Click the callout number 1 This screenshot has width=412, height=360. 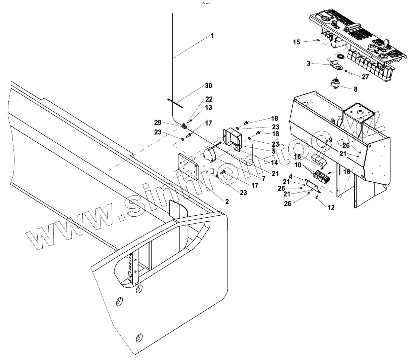[x=212, y=36]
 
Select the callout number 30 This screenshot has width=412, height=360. [x=208, y=86]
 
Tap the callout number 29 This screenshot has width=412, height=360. [x=167, y=122]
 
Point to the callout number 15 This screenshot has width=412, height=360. [x=296, y=42]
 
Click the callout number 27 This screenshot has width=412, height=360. [x=365, y=77]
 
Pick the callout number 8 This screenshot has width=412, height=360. [x=355, y=89]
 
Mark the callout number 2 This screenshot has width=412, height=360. [x=227, y=202]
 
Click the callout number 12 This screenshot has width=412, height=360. [x=331, y=208]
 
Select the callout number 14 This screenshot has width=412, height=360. [x=275, y=163]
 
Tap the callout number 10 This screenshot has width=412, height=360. [x=298, y=165]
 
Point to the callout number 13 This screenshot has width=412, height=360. [x=208, y=107]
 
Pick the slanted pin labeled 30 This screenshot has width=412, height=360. [x=175, y=103]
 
